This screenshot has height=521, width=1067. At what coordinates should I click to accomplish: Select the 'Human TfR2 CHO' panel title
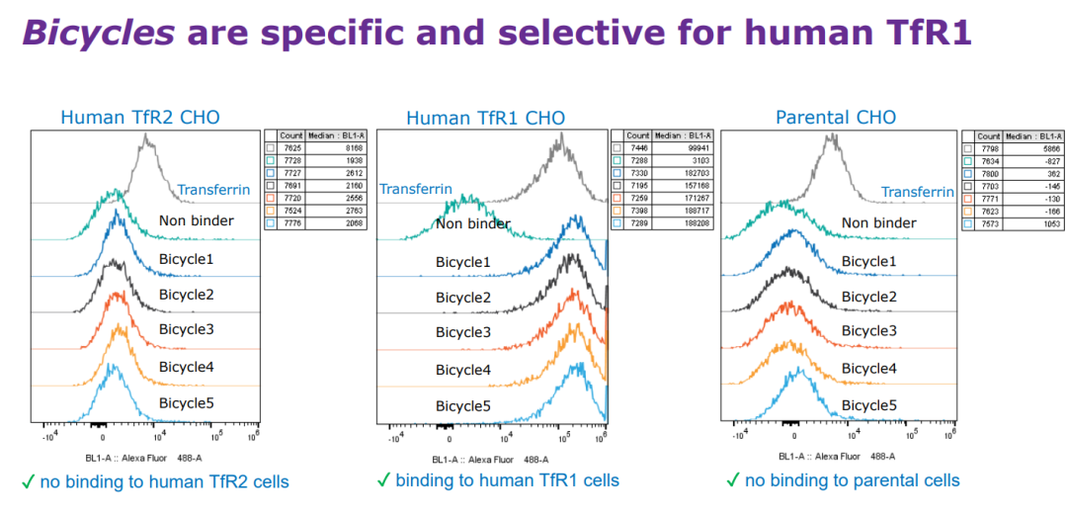point(140,118)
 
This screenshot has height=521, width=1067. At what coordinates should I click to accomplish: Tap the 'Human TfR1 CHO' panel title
point(485,119)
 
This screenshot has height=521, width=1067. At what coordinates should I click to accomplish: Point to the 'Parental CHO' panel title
point(836,118)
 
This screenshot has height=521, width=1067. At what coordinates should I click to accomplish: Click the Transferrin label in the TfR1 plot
point(416,189)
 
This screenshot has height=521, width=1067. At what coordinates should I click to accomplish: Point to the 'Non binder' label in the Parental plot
point(879,222)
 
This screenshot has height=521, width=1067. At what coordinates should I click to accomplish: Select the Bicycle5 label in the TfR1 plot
point(463,406)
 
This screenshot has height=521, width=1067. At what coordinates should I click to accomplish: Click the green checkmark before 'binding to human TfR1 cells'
point(383,480)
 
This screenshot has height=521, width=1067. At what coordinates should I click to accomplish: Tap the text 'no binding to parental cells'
point(852,480)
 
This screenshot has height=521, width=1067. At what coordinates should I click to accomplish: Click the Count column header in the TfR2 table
point(290,135)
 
